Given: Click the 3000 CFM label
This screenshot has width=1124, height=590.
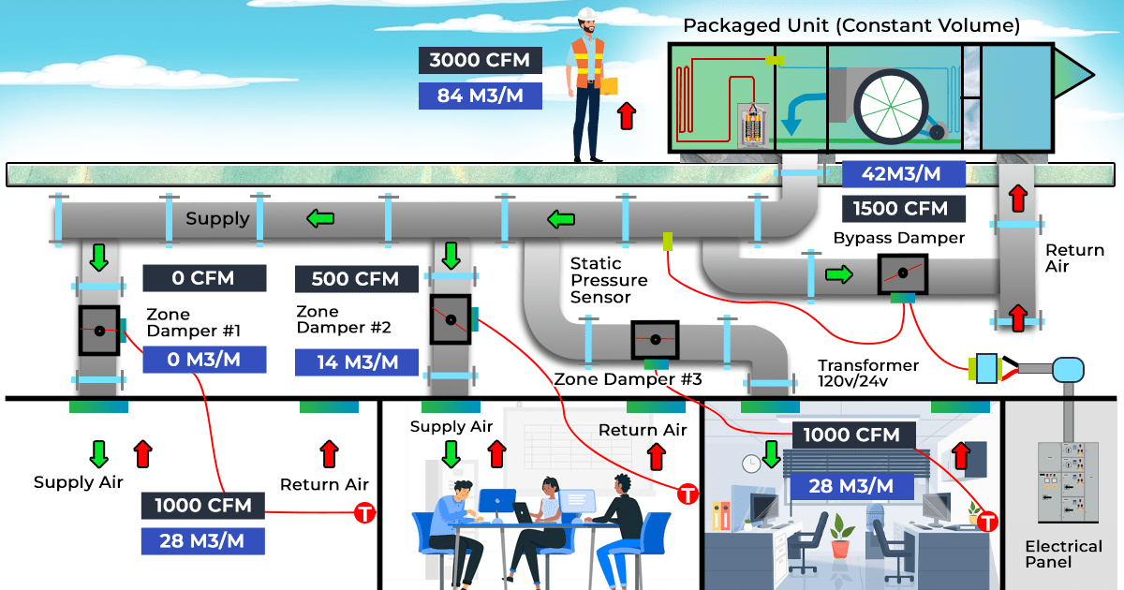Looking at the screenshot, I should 480,61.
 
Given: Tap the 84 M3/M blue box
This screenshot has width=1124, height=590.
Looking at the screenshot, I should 480,96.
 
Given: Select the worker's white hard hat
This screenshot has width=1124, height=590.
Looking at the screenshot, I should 588,14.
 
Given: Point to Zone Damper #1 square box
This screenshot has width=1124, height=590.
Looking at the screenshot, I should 98,331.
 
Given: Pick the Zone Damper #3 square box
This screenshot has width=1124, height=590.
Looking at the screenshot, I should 655,340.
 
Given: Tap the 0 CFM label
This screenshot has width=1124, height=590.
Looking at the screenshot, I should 203,278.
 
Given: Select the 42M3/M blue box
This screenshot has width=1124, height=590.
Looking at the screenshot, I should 904,174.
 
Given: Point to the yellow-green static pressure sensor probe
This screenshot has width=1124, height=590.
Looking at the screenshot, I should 669,241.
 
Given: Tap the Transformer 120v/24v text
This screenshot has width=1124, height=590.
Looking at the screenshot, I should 867,373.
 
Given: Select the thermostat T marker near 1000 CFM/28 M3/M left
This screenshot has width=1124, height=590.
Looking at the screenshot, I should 364,513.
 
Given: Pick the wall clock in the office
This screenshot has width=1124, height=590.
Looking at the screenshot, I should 751,463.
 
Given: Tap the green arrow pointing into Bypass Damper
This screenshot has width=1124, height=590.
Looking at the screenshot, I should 839,275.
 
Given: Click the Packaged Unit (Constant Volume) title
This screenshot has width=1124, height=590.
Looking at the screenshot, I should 850,25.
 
